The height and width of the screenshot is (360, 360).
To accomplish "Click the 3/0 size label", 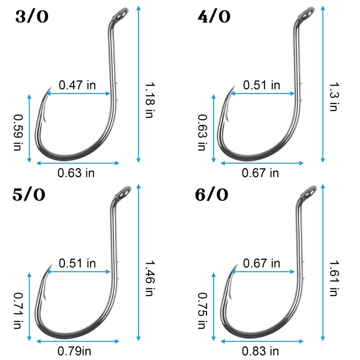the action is coord(32,17).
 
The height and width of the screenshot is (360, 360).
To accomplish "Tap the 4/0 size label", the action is coord(214,17).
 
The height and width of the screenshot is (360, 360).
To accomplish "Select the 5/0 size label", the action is coord(29,195).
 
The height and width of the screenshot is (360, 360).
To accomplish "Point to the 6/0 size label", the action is coord(211,195).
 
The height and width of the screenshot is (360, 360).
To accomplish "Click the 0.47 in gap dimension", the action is coord(77,85).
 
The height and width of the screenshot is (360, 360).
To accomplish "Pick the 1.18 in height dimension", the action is coord(149,100).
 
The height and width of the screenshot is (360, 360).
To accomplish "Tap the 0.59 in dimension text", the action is coord(18,132).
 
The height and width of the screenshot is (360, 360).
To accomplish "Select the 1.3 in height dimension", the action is coord(334,97).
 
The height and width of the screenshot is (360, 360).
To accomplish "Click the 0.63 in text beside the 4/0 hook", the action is coord(202,132).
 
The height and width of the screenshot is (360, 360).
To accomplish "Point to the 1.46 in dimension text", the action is coord(149,278).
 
